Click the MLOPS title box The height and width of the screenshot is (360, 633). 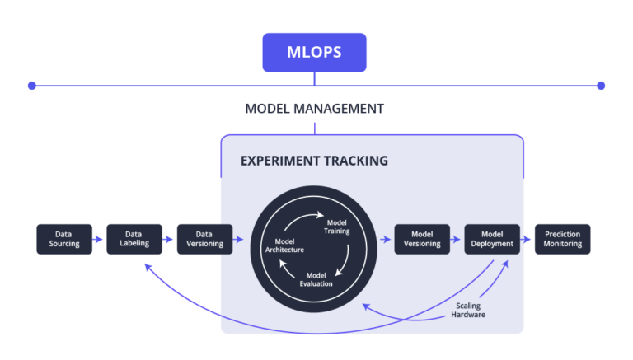(x=314, y=53)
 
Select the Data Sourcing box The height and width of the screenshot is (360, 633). (x=63, y=239)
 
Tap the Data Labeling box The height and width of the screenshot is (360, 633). (x=134, y=239)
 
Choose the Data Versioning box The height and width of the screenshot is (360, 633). (x=204, y=239)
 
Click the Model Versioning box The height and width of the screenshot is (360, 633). (x=422, y=239)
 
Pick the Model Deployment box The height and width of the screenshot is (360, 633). (x=492, y=239)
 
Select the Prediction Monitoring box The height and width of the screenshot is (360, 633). (x=563, y=239)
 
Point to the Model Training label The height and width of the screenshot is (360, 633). (x=338, y=227)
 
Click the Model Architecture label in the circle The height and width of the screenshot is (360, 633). (x=284, y=245)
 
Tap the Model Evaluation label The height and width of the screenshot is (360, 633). (x=316, y=279)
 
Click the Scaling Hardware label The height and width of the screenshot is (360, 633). (x=469, y=311)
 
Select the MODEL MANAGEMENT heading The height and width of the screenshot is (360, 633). (x=314, y=109)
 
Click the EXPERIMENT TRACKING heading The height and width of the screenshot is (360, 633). (x=314, y=161)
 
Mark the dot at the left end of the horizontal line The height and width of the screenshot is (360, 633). (x=32, y=85)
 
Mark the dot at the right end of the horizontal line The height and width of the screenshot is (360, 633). (x=601, y=85)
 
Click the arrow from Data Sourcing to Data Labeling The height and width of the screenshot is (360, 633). (x=99, y=240)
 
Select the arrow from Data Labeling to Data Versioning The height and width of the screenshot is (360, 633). (x=169, y=240)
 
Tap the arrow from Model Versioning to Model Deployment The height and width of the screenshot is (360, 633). (x=457, y=242)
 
